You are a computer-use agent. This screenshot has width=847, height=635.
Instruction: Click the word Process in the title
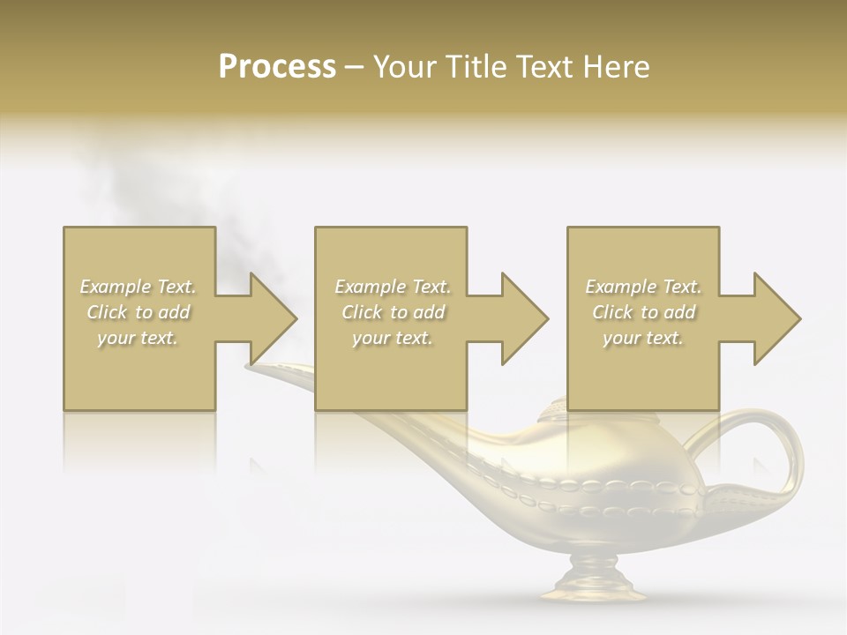click(277, 67)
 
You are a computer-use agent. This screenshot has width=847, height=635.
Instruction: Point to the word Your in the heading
click(408, 67)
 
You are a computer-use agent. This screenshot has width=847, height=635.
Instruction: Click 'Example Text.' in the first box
click(138, 287)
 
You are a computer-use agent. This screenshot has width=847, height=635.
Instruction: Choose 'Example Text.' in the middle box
click(393, 287)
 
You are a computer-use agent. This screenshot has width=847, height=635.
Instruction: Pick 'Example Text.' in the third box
click(643, 287)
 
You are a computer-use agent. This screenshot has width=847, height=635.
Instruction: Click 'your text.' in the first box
click(138, 338)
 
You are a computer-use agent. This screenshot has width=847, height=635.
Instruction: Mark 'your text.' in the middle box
click(393, 338)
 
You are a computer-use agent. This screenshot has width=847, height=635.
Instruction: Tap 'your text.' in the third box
click(643, 338)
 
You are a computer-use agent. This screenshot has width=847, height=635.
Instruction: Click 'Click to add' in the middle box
click(393, 312)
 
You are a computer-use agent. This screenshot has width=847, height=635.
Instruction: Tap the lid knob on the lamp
click(556, 409)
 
